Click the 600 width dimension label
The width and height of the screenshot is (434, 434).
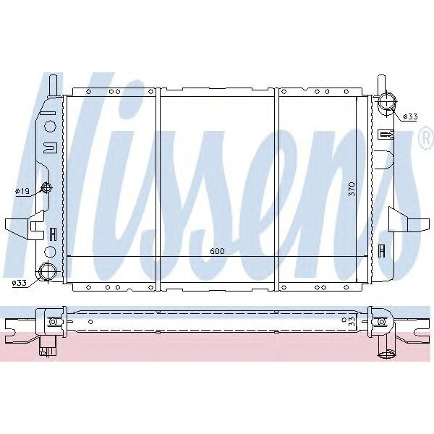(x=217, y=251)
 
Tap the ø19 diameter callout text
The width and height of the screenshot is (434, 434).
(x=22, y=191)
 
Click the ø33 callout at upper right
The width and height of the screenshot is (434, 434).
(x=410, y=116)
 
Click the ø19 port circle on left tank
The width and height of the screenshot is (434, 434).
(x=48, y=188)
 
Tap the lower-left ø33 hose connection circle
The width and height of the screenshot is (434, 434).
(x=48, y=273)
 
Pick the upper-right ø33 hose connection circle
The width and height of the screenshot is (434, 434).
(x=386, y=101)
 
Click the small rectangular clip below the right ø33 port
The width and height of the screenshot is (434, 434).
(x=386, y=133)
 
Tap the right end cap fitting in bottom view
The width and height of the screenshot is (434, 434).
(x=379, y=321)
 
